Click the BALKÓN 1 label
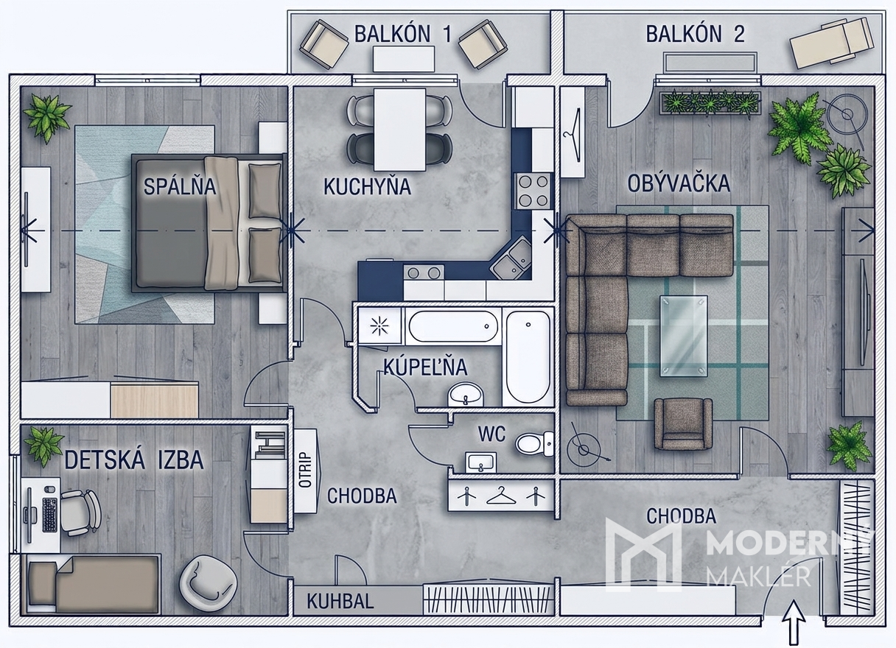click(x=403, y=34)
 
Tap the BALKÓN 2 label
click(x=696, y=34)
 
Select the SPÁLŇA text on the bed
click(x=180, y=186)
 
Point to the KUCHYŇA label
click(x=367, y=186)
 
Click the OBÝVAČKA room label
click(x=679, y=183)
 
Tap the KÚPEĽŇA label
click(x=426, y=367)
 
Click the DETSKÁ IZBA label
click(x=134, y=460)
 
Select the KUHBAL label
click(x=340, y=601)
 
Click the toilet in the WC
click(x=534, y=443)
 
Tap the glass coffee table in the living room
click(x=684, y=336)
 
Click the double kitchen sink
click(x=511, y=257)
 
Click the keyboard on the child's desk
click(x=50, y=515)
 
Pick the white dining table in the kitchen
click(x=399, y=130)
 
